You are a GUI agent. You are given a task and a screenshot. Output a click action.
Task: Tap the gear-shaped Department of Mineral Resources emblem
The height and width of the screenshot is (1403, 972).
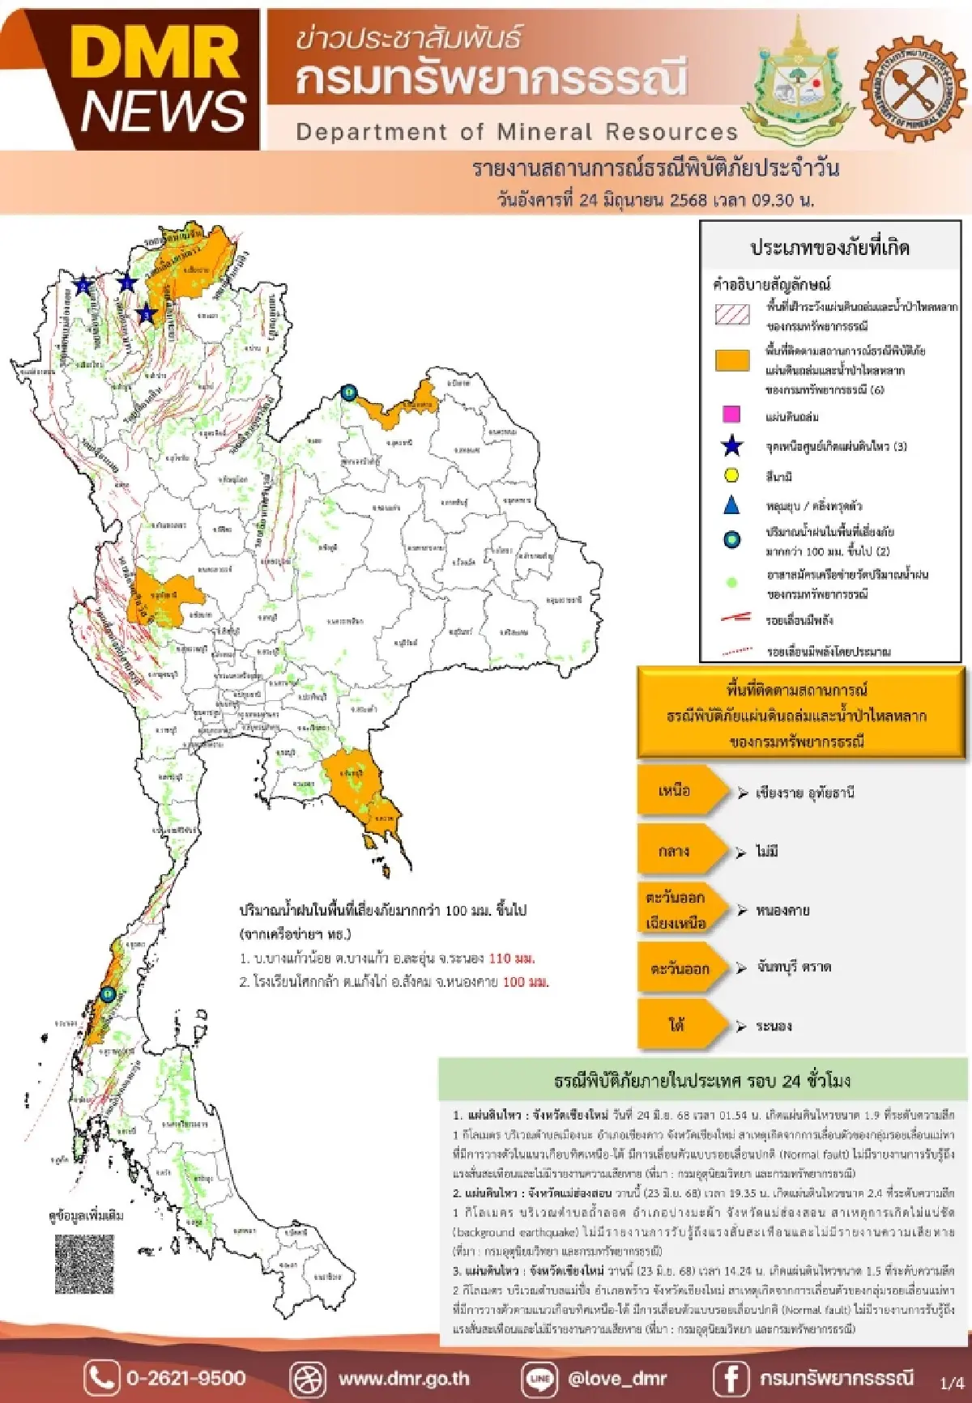click(913, 88)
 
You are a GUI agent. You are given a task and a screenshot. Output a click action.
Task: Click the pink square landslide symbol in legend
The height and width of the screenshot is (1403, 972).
click(731, 415)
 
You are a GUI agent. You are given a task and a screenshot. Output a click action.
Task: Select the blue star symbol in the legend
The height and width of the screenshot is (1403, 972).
click(731, 446)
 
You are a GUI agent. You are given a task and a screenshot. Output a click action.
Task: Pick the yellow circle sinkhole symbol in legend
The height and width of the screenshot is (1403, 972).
click(731, 475)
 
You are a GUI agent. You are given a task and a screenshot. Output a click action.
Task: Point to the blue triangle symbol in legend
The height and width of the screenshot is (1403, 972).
click(731, 505)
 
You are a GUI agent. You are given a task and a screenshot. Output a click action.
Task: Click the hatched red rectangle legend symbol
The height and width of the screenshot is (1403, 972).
click(732, 314)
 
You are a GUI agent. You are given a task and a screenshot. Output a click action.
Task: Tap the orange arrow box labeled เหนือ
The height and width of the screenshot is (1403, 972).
click(680, 791)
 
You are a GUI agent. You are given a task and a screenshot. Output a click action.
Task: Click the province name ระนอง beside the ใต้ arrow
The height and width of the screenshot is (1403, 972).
click(774, 1026)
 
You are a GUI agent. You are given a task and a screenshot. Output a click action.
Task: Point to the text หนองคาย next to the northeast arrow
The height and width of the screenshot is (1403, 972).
click(782, 911)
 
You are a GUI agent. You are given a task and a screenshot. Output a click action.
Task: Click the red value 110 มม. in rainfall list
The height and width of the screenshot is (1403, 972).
click(511, 959)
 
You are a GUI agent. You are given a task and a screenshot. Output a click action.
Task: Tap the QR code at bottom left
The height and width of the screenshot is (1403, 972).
click(84, 1264)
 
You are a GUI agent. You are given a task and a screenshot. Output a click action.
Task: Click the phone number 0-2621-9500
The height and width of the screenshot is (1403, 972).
click(185, 1378)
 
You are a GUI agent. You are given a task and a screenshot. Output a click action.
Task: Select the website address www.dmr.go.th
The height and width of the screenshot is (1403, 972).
click(403, 1378)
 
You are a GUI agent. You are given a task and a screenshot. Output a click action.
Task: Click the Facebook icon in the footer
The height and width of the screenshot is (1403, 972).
click(730, 1378)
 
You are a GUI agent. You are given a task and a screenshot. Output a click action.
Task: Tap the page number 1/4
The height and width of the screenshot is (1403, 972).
click(952, 1382)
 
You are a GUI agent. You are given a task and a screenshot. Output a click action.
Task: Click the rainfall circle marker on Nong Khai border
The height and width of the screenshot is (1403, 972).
click(348, 393)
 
